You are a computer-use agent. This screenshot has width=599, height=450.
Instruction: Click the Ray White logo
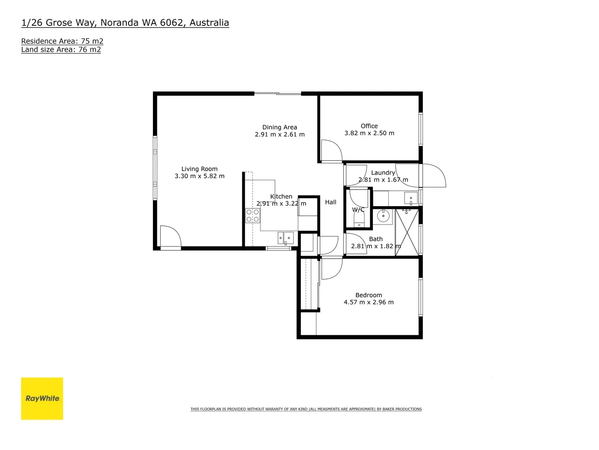(42, 398)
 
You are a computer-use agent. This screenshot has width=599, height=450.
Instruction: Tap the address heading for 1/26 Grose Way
(125, 23)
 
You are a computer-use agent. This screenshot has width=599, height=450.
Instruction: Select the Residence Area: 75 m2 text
(62, 41)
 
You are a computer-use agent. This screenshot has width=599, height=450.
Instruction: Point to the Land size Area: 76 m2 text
(61, 49)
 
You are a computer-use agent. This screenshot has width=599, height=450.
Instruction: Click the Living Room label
(199, 169)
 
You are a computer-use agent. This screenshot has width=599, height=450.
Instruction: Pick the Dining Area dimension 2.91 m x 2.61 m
(280, 134)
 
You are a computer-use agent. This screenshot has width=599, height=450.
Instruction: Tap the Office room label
(369, 126)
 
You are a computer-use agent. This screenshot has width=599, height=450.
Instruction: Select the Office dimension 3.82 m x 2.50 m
(369, 133)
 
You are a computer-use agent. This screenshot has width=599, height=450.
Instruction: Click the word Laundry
(383, 173)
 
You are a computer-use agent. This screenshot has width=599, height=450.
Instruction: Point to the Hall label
(331, 202)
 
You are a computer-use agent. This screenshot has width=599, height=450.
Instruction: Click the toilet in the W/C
(359, 221)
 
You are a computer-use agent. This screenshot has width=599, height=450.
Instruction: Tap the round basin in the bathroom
(383, 216)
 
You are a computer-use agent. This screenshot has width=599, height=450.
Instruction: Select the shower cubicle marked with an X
(407, 232)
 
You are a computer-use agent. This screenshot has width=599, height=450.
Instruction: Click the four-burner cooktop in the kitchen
(253, 216)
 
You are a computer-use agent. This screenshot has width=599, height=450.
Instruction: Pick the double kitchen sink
(286, 238)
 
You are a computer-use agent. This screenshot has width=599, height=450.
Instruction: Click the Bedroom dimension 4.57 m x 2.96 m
(369, 302)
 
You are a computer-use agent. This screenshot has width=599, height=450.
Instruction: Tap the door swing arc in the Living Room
(171, 237)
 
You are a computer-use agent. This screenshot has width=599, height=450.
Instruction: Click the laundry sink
(411, 198)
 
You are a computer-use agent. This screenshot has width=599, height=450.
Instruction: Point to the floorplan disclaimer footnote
(306, 409)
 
